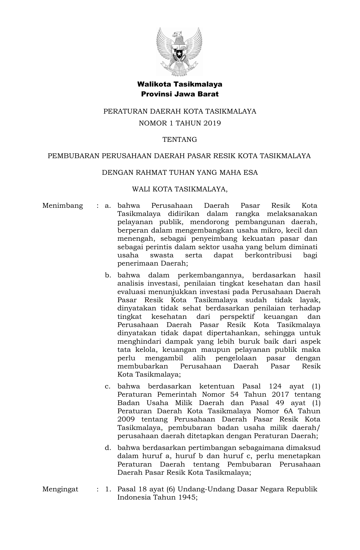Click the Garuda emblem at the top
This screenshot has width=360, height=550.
point(179,51)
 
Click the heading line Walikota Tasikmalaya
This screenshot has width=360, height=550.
point(180,84)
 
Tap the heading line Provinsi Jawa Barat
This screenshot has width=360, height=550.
point(180,94)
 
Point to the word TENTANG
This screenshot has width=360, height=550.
point(180,140)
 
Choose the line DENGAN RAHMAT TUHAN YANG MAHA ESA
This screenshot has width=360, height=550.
point(180,173)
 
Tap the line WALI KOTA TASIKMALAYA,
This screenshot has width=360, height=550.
point(180,189)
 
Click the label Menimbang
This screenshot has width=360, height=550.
point(63,206)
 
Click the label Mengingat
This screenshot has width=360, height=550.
point(60,489)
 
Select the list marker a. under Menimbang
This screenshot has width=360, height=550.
point(108,206)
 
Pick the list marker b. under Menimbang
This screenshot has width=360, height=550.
point(108,275)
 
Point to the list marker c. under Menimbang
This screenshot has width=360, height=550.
point(108,386)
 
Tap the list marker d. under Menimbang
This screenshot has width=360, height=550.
point(108,448)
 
